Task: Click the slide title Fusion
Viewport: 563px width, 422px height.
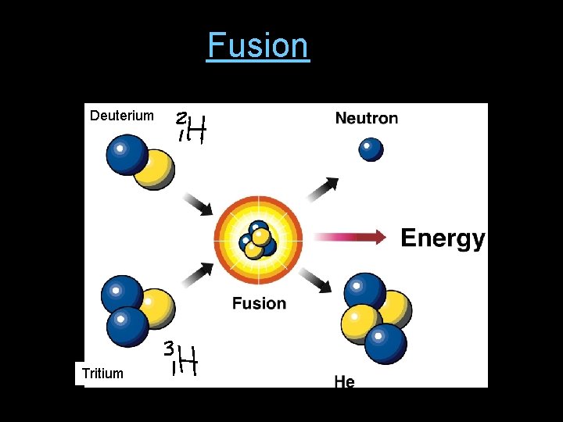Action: tap(258, 45)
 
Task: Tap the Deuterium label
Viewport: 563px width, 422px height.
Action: tap(122, 116)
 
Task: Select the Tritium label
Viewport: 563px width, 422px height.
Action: tap(102, 374)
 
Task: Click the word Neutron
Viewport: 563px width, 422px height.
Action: tap(366, 118)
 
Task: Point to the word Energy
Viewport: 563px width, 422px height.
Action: tap(443, 238)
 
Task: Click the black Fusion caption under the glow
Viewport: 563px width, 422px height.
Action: tap(259, 303)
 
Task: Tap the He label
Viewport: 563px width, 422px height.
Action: tap(344, 381)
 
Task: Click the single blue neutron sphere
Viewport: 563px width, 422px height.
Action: tap(371, 148)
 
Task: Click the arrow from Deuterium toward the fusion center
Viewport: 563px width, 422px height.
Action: tap(197, 204)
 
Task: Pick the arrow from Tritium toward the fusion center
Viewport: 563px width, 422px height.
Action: tap(198, 273)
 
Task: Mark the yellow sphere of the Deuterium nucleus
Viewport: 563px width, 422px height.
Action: tap(154, 170)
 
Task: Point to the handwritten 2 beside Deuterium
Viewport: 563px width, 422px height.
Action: tap(181, 120)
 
